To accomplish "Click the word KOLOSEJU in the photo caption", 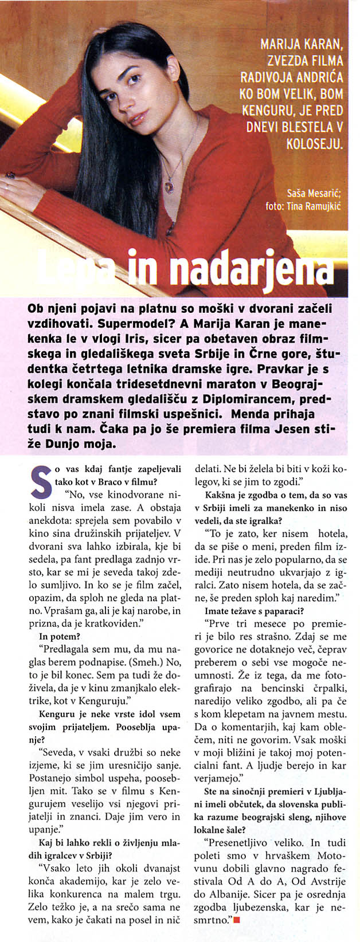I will coord(314,142).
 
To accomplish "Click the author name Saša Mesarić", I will coord(313,194).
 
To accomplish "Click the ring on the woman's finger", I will coord(9,175).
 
